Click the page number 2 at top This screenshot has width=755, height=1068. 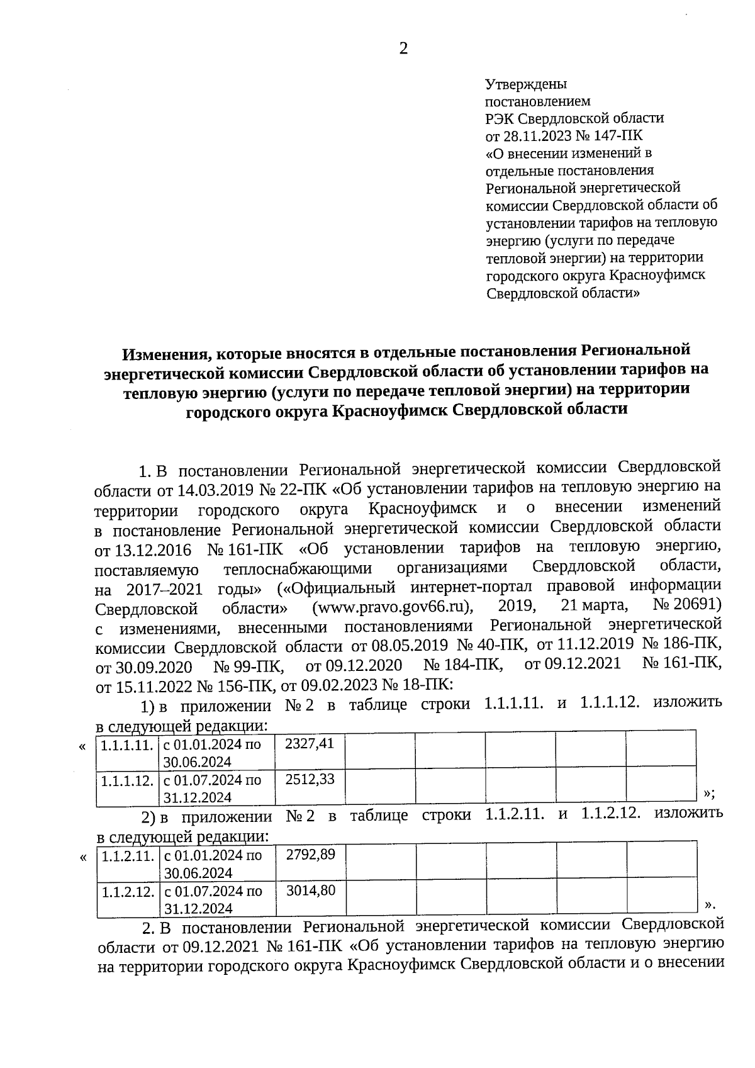click(x=403, y=49)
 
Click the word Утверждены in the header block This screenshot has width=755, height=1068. click(x=526, y=84)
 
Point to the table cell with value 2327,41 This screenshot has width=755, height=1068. click(x=310, y=744)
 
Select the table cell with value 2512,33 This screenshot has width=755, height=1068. click(x=310, y=780)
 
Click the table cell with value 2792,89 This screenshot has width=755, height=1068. click(x=311, y=855)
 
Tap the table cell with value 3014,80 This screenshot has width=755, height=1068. click(x=311, y=891)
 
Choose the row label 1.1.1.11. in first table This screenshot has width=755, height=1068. click(x=127, y=746)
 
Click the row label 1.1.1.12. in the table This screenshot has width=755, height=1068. click(x=128, y=781)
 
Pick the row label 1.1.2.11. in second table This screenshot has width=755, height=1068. click(x=128, y=857)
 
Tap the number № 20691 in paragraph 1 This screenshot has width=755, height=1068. click(x=686, y=605)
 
